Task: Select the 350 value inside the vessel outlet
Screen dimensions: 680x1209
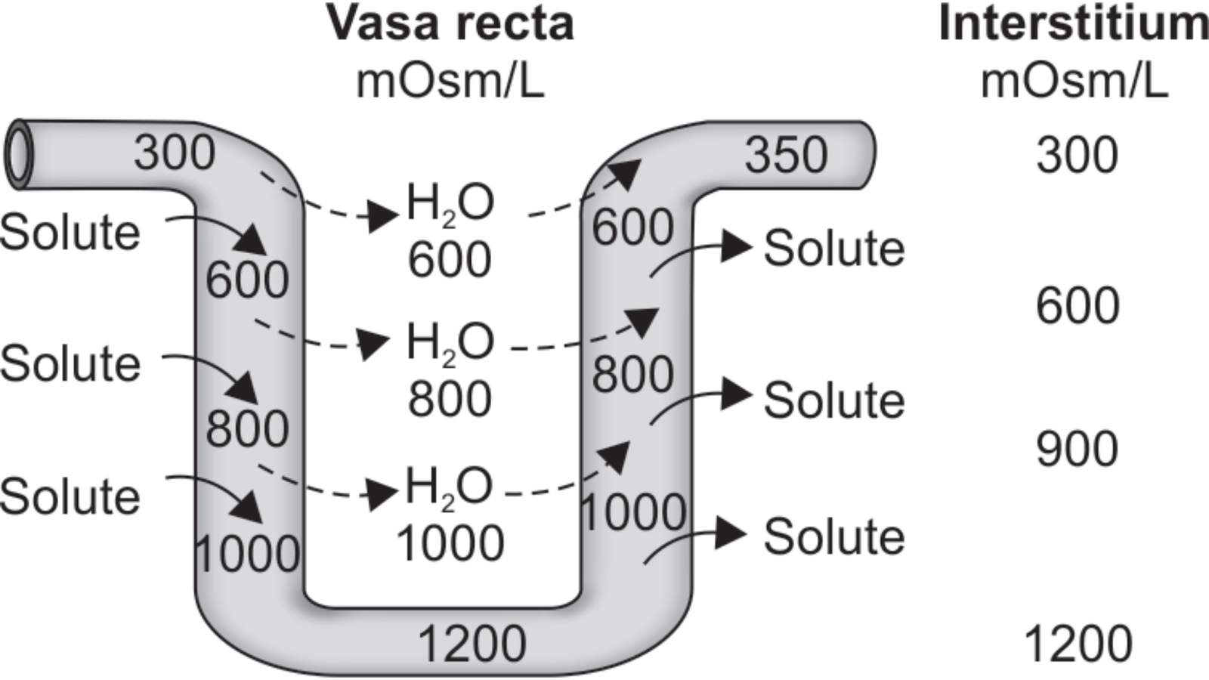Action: tap(786, 156)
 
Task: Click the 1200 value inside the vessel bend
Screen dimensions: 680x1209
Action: tap(472, 644)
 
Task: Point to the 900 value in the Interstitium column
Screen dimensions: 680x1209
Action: tap(1076, 449)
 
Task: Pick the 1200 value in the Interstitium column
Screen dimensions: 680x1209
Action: tap(1078, 644)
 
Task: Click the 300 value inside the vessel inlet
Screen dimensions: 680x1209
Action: tap(175, 153)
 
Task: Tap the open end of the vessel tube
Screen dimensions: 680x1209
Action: tap(18, 154)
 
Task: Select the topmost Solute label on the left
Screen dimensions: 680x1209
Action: tap(70, 232)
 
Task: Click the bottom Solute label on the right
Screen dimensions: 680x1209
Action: tap(833, 537)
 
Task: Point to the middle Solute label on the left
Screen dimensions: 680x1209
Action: tap(70, 363)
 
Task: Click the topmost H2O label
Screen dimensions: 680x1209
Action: tap(450, 204)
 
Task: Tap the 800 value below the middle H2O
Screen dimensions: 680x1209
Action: tap(450, 399)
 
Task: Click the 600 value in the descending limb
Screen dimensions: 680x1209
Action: tap(247, 280)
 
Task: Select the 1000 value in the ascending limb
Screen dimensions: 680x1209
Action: tap(633, 513)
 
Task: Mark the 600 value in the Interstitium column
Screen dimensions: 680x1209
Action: tap(1078, 306)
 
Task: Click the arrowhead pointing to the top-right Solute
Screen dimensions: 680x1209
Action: tap(736, 247)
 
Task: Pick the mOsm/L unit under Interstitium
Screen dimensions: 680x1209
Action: tap(1074, 81)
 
